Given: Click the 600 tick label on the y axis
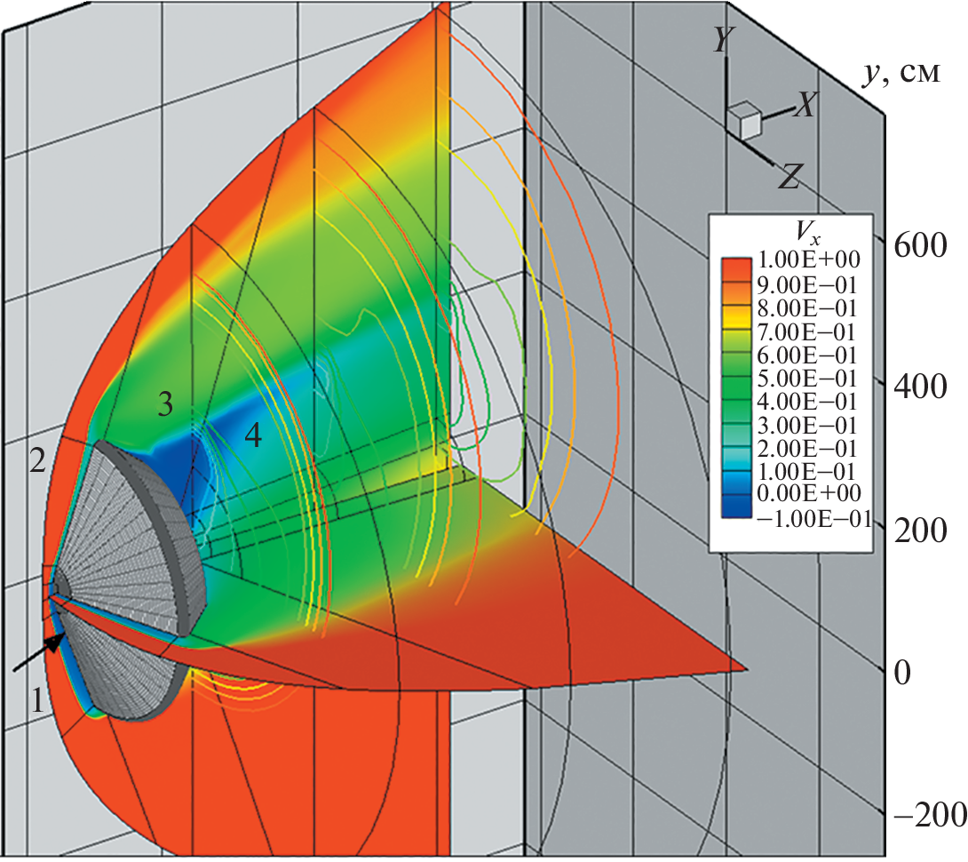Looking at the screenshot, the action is click(x=920, y=246).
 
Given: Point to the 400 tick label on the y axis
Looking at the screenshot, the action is click(x=920, y=387).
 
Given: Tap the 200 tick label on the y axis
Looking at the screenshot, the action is click(x=920, y=531).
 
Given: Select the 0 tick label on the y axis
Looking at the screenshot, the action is click(x=902, y=673).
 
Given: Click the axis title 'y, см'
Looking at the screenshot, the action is click(x=902, y=74).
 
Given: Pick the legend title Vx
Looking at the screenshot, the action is click(x=808, y=234).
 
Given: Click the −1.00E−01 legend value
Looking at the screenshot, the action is click(x=813, y=519).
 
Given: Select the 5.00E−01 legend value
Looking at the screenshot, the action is click(x=807, y=379).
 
